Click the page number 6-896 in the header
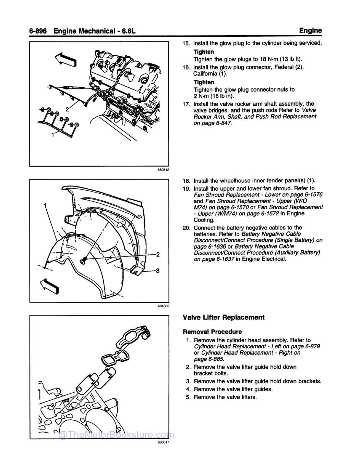pyautogui.click(x=39, y=31)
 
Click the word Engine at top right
pyautogui.click(x=310, y=31)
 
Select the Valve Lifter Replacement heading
pyautogui.click(x=224, y=317)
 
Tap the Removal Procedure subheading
pyautogui.click(x=212, y=332)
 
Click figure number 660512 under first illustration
pyautogui.click(x=163, y=170)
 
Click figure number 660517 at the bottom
pyautogui.click(x=163, y=442)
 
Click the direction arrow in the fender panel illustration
pyautogui.click(x=49, y=285)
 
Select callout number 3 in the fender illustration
pyautogui.click(x=157, y=271)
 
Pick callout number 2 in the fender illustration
pyautogui.click(x=158, y=254)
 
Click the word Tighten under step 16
pyautogui.click(x=204, y=82)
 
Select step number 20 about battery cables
pyautogui.click(x=187, y=228)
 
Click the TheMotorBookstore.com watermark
pyautogui.click(x=117, y=435)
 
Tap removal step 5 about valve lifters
pyautogui.click(x=225, y=397)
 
